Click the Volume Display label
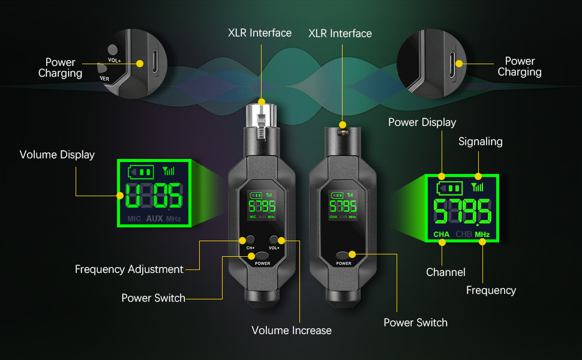57,155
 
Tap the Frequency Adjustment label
129,269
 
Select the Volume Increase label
292,331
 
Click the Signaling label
481,142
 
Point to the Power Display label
422,122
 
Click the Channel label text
446,272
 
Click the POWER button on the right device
344,255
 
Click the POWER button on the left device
262,255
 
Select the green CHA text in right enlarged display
442,234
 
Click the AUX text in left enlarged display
154,218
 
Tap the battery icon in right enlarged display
450,187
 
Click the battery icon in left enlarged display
141,172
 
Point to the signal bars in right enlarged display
478,187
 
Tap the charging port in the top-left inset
155,62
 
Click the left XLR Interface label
260,33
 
